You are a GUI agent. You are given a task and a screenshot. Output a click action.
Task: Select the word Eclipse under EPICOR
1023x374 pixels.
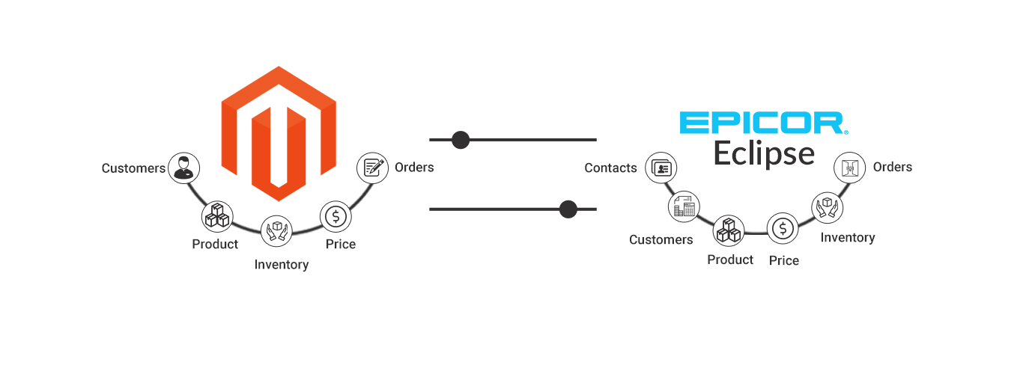[x=763, y=153]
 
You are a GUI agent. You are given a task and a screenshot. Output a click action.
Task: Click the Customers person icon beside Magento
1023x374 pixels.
[x=183, y=168]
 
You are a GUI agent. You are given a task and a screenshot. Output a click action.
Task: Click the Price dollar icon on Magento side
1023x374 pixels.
[x=336, y=217]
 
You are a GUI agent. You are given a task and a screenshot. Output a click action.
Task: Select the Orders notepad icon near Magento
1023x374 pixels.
[x=372, y=168]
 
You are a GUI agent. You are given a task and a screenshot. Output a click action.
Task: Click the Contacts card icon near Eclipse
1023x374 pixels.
[x=661, y=168]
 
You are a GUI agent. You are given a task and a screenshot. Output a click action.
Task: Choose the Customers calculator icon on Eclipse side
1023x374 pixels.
[x=683, y=206]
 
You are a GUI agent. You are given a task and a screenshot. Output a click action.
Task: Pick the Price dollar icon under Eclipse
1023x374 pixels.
[x=783, y=228]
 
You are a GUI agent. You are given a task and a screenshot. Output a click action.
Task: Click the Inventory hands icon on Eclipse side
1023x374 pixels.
[x=828, y=206]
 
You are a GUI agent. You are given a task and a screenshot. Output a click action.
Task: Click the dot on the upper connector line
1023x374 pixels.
[x=461, y=140]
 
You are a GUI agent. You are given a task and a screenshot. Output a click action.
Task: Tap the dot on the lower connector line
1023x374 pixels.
[x=568, y=209]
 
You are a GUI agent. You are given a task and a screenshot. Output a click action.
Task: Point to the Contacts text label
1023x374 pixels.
[x=610, y=168]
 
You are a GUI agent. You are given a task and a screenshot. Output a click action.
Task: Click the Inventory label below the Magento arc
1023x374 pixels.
[x=282, y=265]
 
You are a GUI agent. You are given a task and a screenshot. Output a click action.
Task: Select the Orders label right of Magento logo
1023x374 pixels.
[x=414, y=168]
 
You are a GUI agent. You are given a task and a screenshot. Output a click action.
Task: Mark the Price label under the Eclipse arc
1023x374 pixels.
[x=784, y=261]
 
